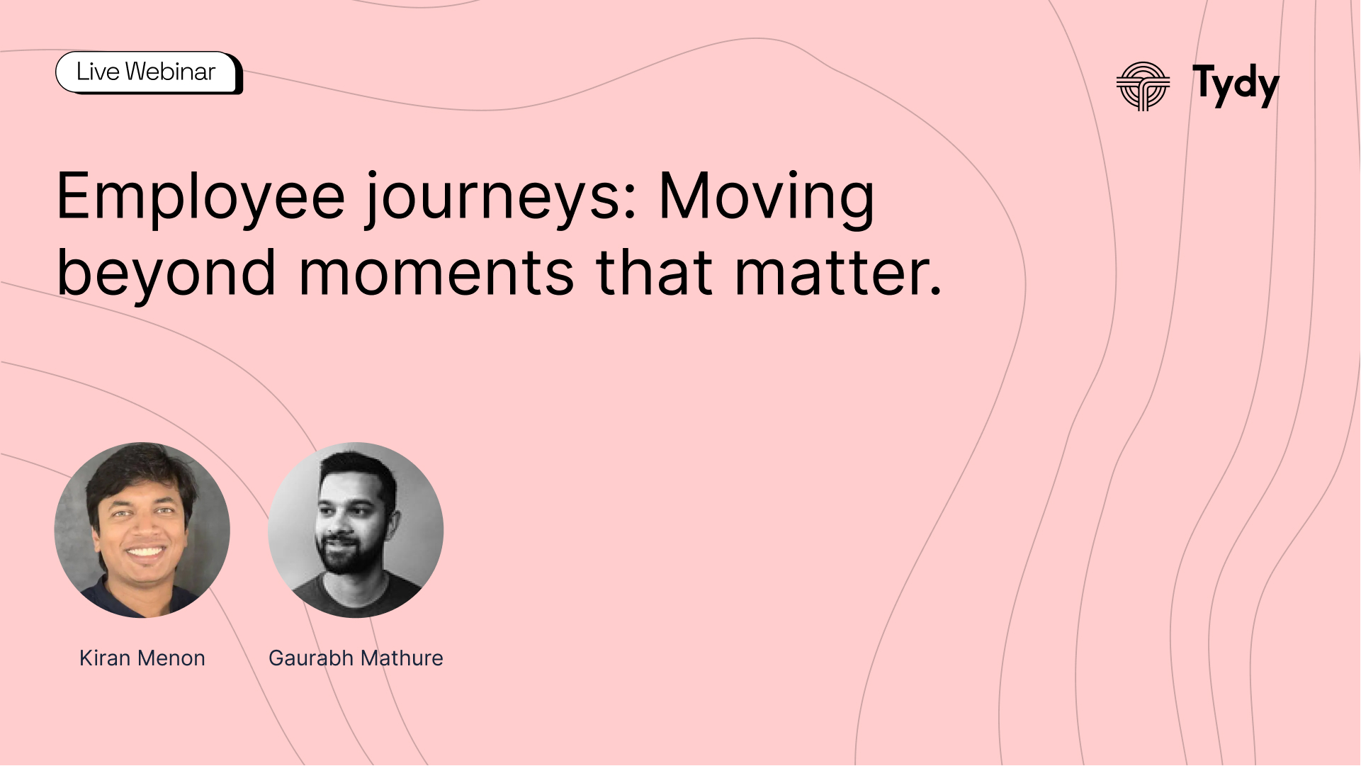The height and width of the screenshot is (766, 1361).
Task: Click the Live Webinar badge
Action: [x=149, y=72]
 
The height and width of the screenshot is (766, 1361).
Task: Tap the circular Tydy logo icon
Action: [x=1143, y=86]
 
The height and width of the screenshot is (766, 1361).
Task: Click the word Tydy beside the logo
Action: [x=1236, y=86]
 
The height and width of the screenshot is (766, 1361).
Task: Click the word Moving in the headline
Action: [x=767, y=199]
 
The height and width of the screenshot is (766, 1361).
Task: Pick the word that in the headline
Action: [x=654, y=272]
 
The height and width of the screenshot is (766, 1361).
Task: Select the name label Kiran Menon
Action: [x=142, y=658]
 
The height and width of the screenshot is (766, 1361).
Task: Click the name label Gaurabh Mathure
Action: [x=356, y=658]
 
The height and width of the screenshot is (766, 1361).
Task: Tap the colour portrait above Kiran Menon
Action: [x=142, y=530]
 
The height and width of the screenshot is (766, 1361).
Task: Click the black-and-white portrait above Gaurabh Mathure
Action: [x=356, y=530]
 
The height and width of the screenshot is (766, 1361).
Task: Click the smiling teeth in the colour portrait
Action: [x=145, y=551]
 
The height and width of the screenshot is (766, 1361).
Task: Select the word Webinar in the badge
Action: [x=170, y=72]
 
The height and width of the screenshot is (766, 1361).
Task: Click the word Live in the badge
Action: [x=98, y=72]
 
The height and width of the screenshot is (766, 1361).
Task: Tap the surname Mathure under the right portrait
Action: [x=401, y=658]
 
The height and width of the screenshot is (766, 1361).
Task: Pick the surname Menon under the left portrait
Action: [x=171, y=658]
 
